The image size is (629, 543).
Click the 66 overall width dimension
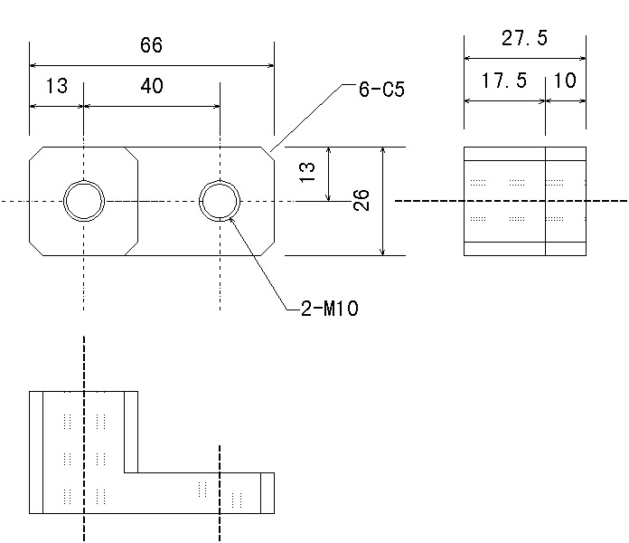(152, 46)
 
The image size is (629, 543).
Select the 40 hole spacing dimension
(152, 87)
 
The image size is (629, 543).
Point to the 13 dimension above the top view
(56, 87)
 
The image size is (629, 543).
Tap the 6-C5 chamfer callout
(380, 90)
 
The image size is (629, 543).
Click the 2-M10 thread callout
(330, 310)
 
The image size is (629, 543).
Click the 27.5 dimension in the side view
(524, 39)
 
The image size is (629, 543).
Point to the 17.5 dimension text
(503, 81)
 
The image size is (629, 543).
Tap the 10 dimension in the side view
(565, 81)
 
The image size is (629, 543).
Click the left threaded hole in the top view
(83, 200)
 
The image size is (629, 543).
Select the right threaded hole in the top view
(220, 200)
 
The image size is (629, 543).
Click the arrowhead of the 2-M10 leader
(231, 216)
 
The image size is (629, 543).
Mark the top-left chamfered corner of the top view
(37, 154)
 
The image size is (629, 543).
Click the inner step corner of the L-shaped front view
(137, 472)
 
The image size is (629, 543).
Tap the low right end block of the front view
(267, 492)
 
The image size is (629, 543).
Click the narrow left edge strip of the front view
(36, 452)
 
